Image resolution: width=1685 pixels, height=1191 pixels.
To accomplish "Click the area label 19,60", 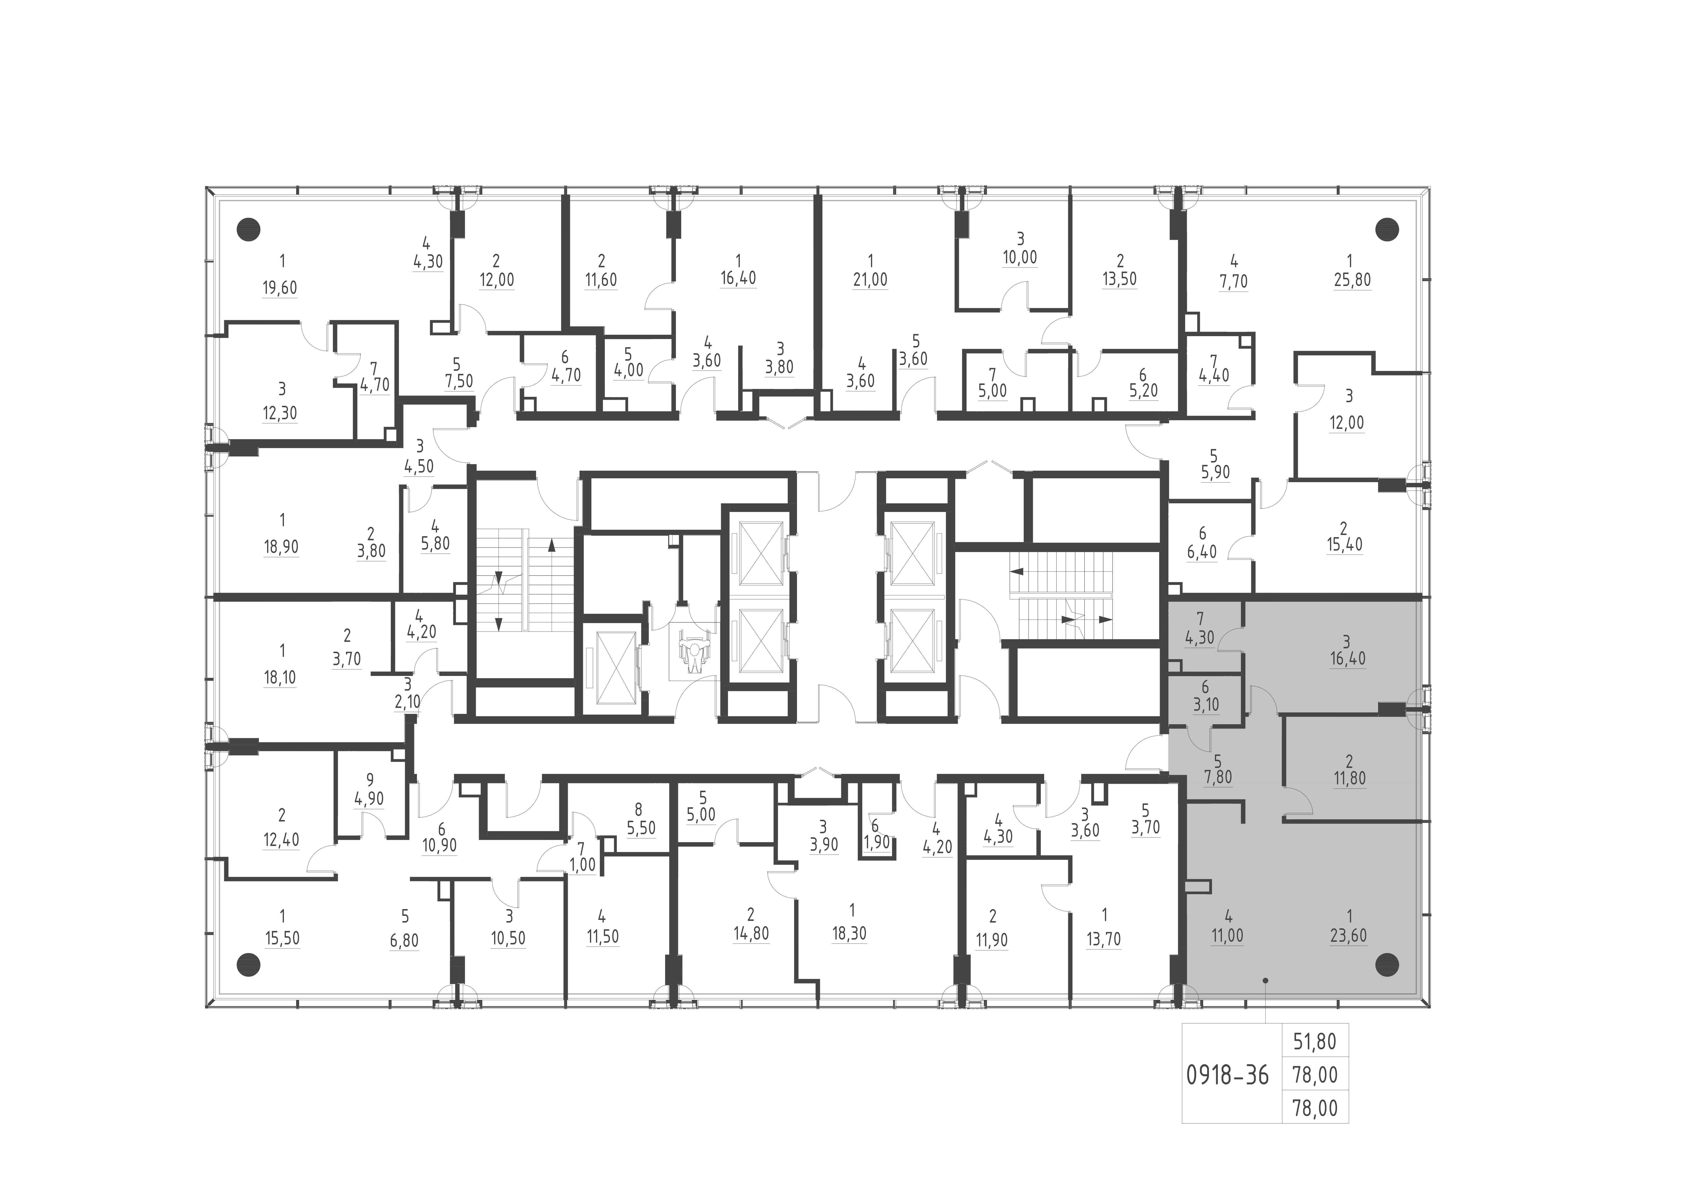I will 280,288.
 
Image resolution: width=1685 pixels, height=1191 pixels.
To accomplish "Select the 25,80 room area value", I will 1352,280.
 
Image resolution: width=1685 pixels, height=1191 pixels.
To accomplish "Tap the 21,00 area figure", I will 870,280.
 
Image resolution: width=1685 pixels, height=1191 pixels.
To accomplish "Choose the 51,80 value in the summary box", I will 1314,1041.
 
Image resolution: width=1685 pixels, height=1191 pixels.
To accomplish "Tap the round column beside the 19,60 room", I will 249,230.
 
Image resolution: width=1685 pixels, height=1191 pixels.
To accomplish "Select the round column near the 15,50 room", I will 249,964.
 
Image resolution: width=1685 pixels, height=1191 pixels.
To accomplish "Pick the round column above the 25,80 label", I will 1386,230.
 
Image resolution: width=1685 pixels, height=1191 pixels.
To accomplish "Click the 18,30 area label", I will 849,933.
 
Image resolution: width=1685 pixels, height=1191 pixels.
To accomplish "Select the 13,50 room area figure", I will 1119,280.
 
